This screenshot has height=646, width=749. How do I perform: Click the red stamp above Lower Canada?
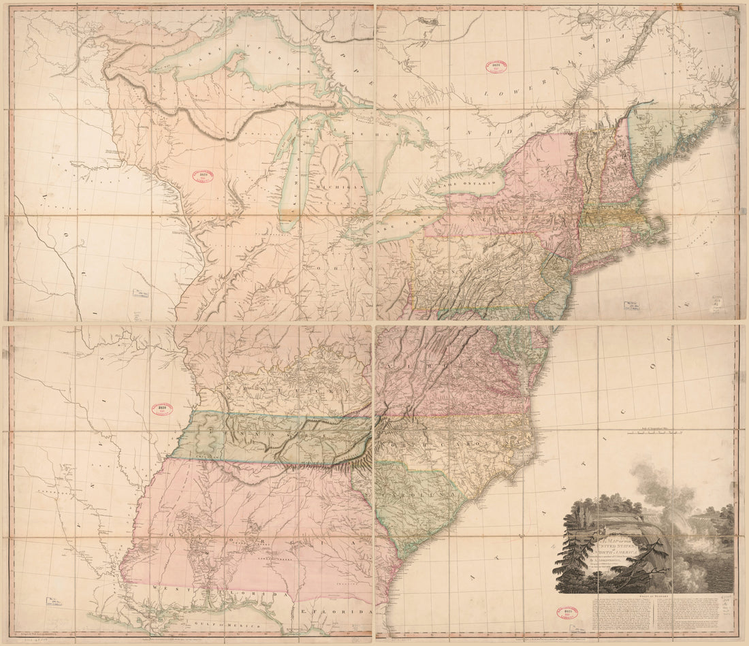[x=496, y=67]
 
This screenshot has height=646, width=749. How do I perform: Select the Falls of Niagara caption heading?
[x=648, y=595]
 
